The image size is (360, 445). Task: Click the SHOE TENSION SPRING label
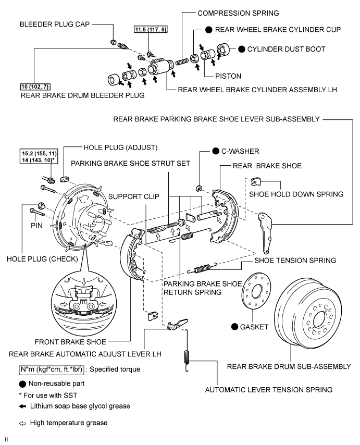294,260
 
